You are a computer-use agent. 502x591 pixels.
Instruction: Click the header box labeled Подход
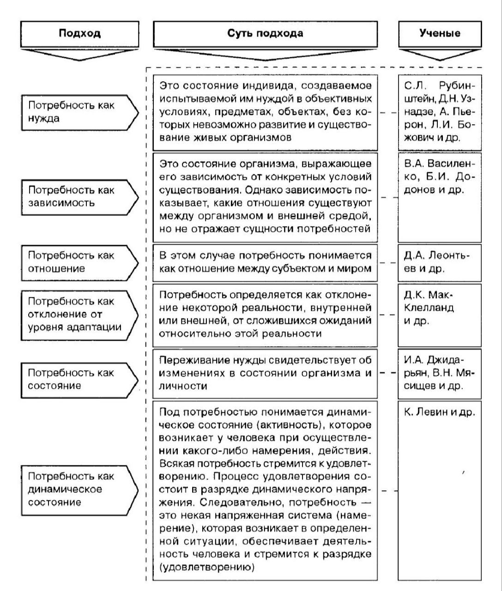[79, 33]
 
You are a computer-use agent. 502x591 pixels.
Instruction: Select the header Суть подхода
[265, 33]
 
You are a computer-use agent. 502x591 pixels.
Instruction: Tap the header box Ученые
[440, 33]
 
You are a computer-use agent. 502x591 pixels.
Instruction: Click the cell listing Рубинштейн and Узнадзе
[440, 112]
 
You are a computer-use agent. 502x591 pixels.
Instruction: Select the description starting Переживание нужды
[265, 373]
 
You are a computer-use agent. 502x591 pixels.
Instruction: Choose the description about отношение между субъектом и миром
[265, 262]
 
